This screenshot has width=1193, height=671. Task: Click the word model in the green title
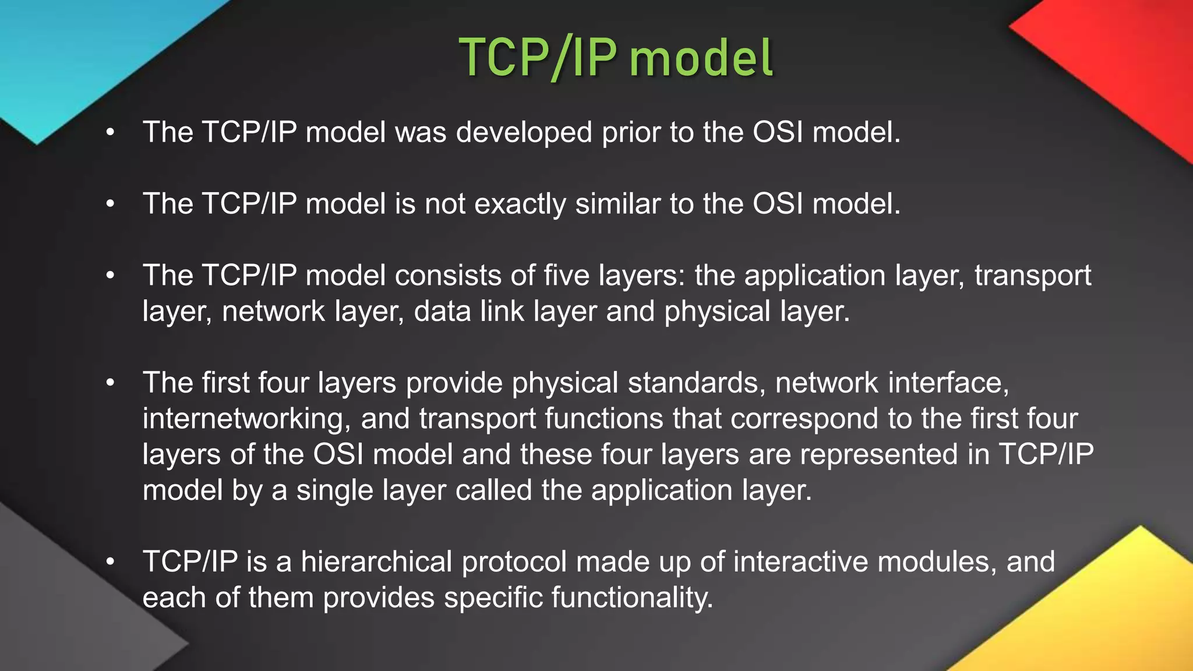click(x=701, y=58)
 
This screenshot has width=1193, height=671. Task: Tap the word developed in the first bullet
click(x=524, y=133)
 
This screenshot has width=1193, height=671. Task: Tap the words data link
click(x=469, y=311)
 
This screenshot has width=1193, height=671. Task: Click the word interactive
click(x=800, y=562)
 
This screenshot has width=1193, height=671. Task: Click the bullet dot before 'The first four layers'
click(x=111, y=383)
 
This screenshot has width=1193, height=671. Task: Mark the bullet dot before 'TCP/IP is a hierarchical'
click(x=111, y=562)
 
